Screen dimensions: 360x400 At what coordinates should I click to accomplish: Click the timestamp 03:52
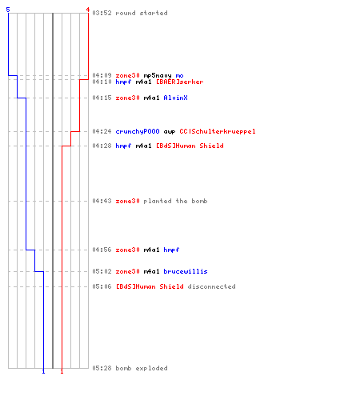(102, 13)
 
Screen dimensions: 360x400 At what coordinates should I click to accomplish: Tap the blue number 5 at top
(8, 10)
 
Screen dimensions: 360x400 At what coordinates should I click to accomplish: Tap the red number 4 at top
(88, 10)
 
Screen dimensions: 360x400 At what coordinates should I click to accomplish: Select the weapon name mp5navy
(158, 76)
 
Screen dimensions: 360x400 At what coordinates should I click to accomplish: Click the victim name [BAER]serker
(180, 82)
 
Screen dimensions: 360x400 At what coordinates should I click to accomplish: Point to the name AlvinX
(175, 98)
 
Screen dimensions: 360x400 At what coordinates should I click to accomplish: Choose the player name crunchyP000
(138, 131)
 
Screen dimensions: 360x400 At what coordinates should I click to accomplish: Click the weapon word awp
(170, 132)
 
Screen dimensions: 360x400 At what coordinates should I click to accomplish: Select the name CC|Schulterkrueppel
(218, 131)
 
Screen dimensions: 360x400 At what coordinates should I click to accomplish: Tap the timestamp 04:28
(102, 146)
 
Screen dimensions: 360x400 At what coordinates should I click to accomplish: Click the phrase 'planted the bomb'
(175, 201)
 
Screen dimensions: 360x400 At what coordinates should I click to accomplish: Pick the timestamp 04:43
(102, 201)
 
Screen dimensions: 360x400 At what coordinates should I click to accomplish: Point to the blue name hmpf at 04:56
(171, 250)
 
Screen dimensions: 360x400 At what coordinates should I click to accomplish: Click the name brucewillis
(186, 271)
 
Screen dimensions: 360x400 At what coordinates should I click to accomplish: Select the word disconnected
(211, 286)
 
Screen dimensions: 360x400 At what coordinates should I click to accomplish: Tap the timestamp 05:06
(102, 286)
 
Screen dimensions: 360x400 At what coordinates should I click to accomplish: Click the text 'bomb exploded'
(142, 368)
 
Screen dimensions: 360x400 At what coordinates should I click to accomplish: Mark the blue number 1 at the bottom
(43, 371)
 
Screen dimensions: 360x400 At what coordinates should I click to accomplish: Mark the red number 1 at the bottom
(62, 371)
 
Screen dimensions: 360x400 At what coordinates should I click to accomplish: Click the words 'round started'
(142, 13)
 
